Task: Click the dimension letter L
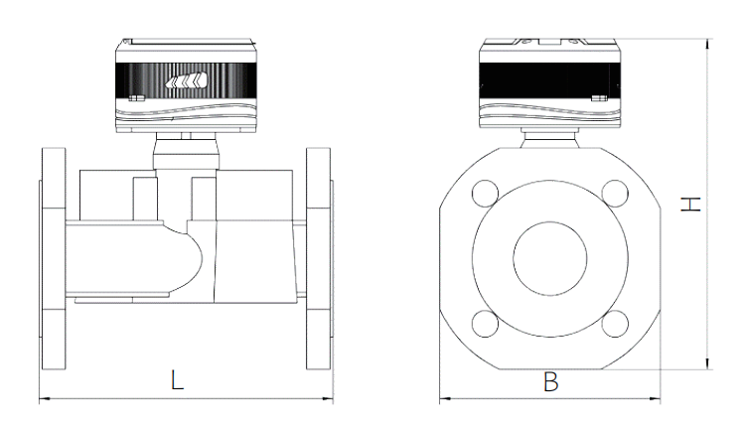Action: [176, 380]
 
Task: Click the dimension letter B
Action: [549, 380]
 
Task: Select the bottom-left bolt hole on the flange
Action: [485, 323]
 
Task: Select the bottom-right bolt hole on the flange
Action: [615, 323]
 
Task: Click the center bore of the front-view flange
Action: [549, 257]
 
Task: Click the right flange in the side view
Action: [319, 257]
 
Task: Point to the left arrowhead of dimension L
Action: [42, 400]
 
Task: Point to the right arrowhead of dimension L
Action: [329, 400]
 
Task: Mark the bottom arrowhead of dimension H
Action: [706, 364]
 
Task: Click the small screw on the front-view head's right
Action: [597, 98]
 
